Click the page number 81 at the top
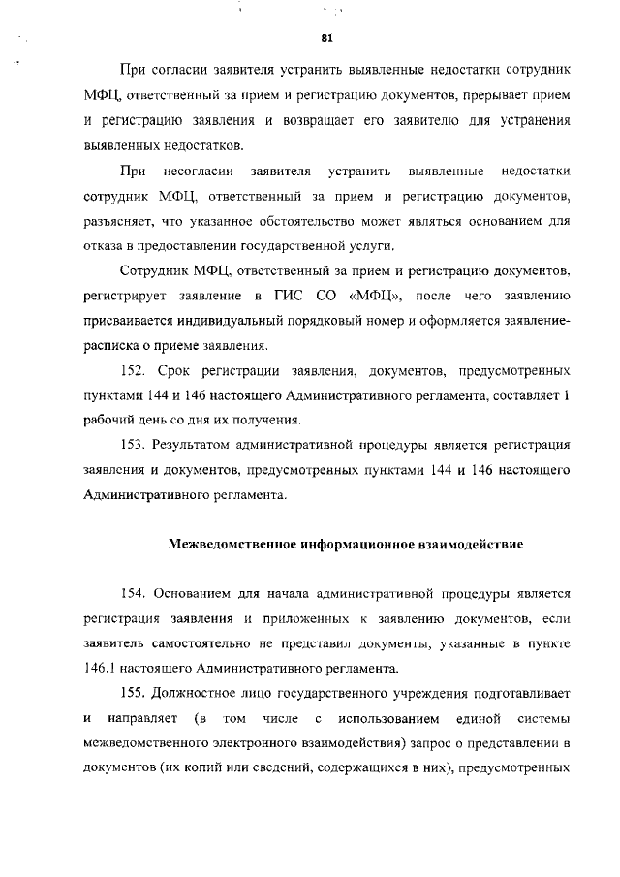[326, 38]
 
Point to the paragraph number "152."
[136, 371]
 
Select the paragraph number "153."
[136, 445]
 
